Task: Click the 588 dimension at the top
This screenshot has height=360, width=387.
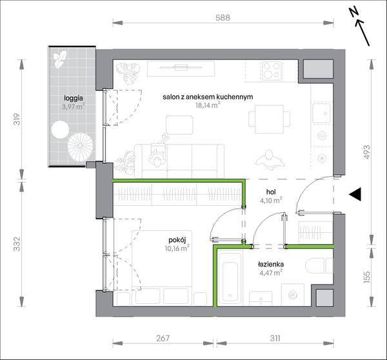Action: [x=223, y=18]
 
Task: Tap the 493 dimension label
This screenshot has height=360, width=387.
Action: [x=367, y=152]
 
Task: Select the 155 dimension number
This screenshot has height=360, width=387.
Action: [x=367, y=277]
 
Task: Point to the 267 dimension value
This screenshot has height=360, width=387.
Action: [x=163, y=338]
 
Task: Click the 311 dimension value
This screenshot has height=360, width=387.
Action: [x=275, y=338]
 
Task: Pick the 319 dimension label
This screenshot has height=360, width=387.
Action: [x=17, y=119]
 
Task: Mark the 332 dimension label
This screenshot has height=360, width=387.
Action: [x=17, y=244]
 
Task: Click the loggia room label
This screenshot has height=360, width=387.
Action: [x=74, y=98]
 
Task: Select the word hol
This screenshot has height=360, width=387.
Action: [x=271, y=192]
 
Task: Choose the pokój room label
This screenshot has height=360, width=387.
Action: [x=177, y=240]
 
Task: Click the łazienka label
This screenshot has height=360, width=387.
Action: [x=271, y=265]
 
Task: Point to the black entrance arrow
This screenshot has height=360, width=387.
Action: [x=355, y=194]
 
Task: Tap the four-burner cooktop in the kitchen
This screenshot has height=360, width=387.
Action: [x=272, y=70]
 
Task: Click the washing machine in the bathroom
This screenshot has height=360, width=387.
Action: [x=293, y=295]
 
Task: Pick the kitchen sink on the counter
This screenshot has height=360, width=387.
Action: [x=322, y=114]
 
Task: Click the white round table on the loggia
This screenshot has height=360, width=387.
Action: [x=60, y=130]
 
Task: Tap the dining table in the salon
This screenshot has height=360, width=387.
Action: [x=269, y=119]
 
